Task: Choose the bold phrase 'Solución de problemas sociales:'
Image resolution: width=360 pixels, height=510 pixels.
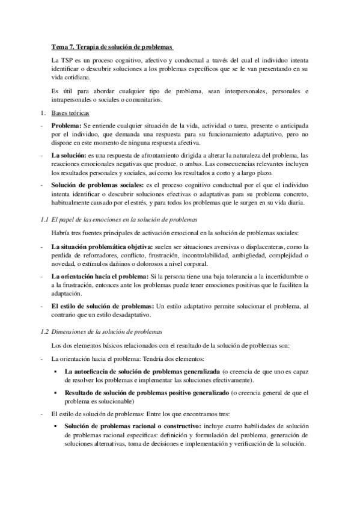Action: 97,185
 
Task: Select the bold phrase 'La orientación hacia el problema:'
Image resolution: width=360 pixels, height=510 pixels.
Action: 100,276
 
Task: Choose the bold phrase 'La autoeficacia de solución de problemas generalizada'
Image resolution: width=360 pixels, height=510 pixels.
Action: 142,372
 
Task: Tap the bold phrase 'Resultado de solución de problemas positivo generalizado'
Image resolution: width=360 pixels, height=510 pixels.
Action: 147,393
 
